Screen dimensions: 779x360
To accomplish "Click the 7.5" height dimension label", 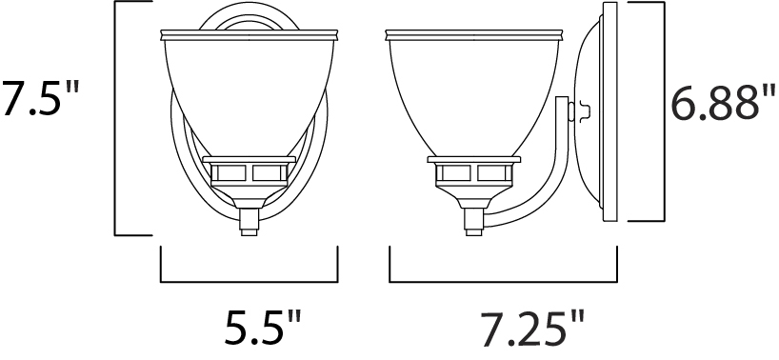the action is [40, 99].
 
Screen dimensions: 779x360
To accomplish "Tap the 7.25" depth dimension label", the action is [532, 329].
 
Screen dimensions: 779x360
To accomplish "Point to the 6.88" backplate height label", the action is [723, 103].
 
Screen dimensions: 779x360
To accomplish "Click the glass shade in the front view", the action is [249, 94].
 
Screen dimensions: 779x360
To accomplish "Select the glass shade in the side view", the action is [474, 94].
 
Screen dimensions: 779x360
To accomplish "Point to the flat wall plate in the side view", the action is [609, 111].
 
